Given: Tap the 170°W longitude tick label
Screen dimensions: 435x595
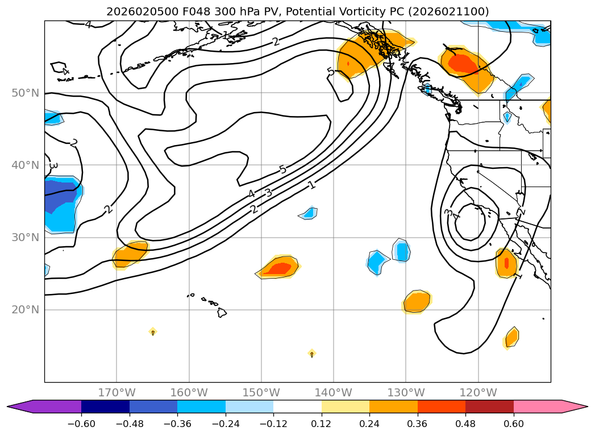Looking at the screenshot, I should [x=116, y=392].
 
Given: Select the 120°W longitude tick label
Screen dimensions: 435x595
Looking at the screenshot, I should [x=479, y=392].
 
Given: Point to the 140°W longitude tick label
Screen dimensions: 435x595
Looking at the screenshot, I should [x=334, y=392].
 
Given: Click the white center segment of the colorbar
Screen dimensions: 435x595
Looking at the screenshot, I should [x=297, y=406].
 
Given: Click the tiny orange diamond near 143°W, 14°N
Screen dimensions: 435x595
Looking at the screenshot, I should [x=312, y=354].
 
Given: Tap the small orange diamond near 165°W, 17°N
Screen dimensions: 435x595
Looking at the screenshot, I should [x=153, y=332].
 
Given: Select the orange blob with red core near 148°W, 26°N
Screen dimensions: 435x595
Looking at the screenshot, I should [x=279, y=267].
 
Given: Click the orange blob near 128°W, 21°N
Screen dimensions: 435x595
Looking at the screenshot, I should [x=417, y=301].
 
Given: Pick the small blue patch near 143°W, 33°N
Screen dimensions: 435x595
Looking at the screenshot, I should [x=309, y=213].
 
